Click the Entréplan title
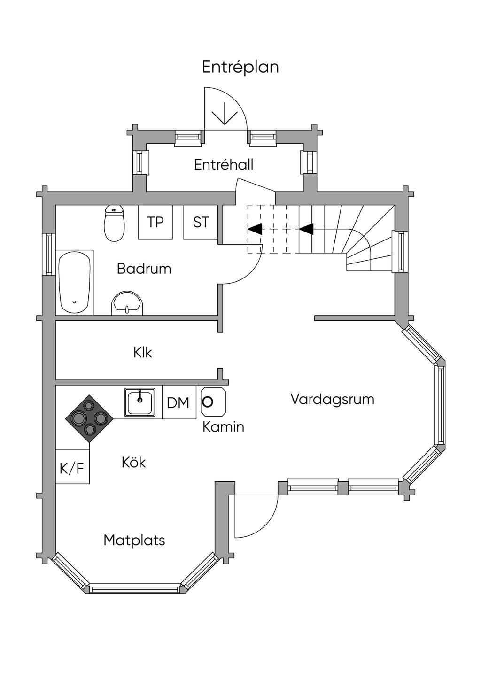click(240, 67)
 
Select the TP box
click(155, 222)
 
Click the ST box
click(201, 222)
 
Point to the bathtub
click(74, 283)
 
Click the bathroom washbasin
click(127, 303)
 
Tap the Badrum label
click(144, 269)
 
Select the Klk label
click(143, 352)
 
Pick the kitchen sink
click(140, 402)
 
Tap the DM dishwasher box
click(178, 402)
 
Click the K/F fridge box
click(72, 467)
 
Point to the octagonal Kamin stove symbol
click(213, 402)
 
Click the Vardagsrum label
click(332, 399)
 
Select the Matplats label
click(134, 540)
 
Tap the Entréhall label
click(224, 164)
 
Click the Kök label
click(133, 463)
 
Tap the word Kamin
click(223, 427)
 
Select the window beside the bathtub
click(48, 254)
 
